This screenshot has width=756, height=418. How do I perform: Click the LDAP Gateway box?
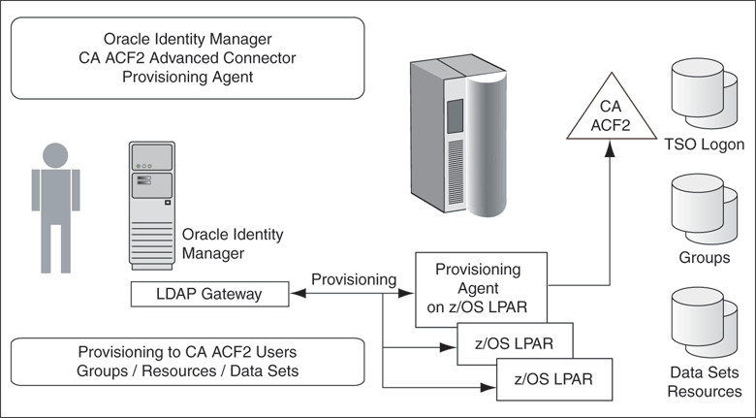coord(209,293)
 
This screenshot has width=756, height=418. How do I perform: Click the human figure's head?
coord(54,154)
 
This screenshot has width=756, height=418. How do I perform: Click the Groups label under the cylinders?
coord(705,259)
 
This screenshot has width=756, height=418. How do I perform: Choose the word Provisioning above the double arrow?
coord(354,279)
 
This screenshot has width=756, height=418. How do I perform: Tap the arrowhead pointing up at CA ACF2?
coord(610,149)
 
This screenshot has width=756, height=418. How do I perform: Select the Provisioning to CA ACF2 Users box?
coord(187,361)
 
